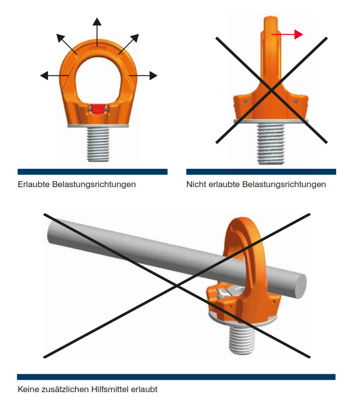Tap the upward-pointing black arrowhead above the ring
click(97, 21)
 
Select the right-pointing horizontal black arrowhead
click(153, 75)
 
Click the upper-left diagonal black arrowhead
click(60, 37)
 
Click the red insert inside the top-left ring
click(97, 109)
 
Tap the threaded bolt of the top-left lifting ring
click(97, 143)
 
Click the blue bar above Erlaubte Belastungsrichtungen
click(92, 172)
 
